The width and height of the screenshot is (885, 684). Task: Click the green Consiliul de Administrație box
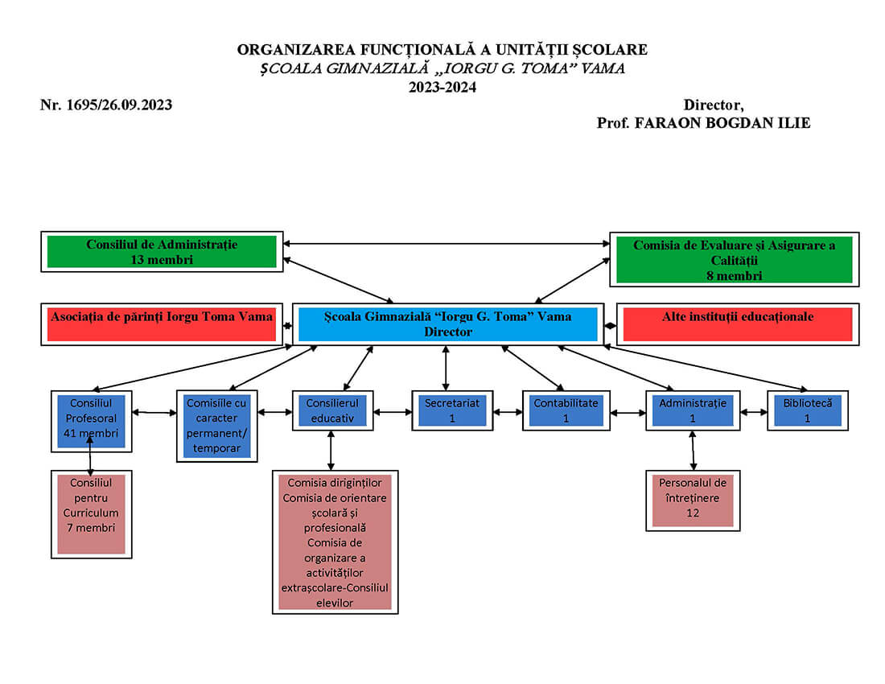162,251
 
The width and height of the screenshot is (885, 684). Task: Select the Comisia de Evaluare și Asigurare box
734,260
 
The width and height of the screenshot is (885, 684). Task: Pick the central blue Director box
447,323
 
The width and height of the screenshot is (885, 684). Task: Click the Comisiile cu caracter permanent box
216,426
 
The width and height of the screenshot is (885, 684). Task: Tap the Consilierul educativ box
331,410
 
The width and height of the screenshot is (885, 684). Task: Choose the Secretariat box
451,410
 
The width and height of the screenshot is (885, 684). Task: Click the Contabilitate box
566,410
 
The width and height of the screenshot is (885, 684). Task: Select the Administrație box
692,410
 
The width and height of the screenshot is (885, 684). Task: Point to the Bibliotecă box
807,410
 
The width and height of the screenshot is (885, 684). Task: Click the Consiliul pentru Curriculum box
91,513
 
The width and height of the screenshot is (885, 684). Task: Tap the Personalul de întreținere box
693,498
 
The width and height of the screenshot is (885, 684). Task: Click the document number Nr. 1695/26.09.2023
106,105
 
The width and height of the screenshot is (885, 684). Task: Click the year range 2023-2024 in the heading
442,88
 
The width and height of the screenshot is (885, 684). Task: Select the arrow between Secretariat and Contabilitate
508,412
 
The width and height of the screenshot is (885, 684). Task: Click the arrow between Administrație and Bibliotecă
753,412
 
